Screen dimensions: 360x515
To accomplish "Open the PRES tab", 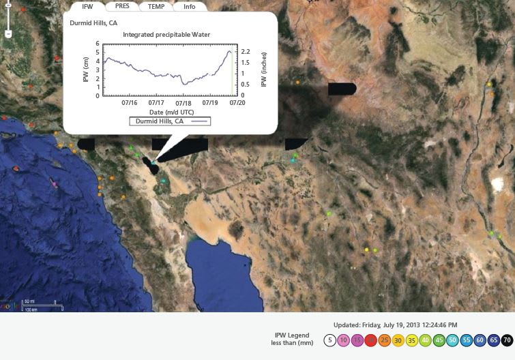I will click(x=122, y=6).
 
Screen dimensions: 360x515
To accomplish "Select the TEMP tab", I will click(x=156, y=6).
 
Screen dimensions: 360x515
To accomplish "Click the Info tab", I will click(x=189, y=6).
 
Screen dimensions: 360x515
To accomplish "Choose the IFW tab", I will click(x=88, y=6).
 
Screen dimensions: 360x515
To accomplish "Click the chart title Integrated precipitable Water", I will click(x=166, y=34).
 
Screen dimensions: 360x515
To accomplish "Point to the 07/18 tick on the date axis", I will click(x=183, y=103).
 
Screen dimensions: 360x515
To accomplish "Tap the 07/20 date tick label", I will click(x=237, y=103).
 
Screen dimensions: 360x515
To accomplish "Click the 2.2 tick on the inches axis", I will click(x=247, y=52).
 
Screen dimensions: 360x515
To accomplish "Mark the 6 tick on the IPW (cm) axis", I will click(x=98, y=44).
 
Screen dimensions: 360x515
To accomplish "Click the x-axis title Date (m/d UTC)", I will click(x=170, y=111).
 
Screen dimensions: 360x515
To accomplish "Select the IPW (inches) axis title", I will click(x=263, y=70).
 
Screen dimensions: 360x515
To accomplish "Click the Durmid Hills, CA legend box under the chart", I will click(x=170, y=121).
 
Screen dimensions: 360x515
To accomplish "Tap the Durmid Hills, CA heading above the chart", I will click(x=93, y=22).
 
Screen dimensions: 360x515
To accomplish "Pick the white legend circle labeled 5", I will click(x=329, y=340).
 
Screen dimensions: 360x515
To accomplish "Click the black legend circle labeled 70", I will click(x=507, y=340).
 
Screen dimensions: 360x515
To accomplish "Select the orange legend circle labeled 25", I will click(x=384, y=340).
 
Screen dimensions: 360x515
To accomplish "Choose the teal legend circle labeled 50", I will click(x=452, y=340).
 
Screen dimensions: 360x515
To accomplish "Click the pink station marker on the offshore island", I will click(x=55, y=183).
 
